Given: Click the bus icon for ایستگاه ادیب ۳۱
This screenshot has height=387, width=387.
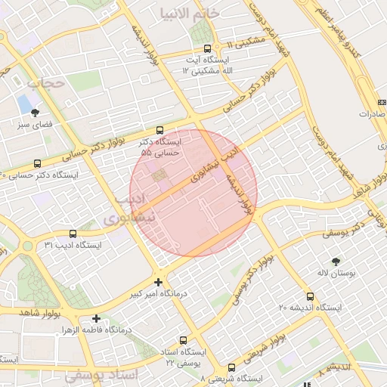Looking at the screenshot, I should (73, 234).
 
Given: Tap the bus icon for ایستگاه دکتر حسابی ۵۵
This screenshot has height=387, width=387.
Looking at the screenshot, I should (159, 130).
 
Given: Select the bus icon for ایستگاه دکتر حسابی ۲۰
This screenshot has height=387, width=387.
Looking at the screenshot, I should (38, 163).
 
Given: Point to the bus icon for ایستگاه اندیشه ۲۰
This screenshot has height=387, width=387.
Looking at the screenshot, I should (311, 296).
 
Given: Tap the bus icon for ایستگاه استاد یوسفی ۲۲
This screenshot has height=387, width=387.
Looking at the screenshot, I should (183, 341).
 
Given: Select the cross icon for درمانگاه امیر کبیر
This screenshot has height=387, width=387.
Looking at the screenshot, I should (158, 281).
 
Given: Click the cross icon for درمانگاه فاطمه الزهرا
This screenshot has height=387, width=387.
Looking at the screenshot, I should (96, 318).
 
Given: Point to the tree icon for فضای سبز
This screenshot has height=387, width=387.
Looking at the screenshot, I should (35, 113).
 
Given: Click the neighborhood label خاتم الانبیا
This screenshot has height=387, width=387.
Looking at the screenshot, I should (190, 14).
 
